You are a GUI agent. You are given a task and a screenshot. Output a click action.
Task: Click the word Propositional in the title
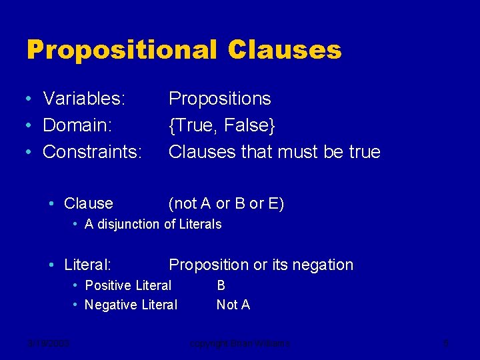pyautogui.click(x=122, y=50)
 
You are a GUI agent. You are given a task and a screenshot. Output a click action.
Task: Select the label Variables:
pyautogui.click(x=84, y=99)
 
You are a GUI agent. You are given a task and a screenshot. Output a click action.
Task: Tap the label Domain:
pyautogui.click(x=77, y=125)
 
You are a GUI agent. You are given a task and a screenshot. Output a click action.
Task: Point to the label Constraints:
pyautogui.click(x=92, y=152)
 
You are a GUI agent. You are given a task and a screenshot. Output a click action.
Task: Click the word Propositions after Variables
pyautogui.click(x=219, y=99)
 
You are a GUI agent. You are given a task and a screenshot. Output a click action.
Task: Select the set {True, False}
pyautogui.click(x=222, y=125)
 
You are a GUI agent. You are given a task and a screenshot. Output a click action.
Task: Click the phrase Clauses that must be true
pyautogui.click(x=274, y=152)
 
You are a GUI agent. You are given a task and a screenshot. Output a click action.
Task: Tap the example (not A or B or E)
pyautogui.click(x=226, y=203)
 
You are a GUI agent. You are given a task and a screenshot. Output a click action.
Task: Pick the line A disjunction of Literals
pyautogui.click(x=153, y=225)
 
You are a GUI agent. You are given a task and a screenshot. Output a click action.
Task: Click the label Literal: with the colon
pyautogui.click(x=87, y=265)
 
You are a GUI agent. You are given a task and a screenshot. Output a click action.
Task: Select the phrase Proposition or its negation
pyautogui.click(x=261, y=265)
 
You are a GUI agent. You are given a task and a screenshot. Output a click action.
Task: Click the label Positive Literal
pyautogui.click(x=128, y=285)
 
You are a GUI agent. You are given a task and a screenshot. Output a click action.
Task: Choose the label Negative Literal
pyautogui.click(x=131, y=305)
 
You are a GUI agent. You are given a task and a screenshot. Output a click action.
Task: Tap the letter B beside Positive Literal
pyautogui.click(x=221, y=285)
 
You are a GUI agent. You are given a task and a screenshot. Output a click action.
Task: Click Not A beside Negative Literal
pyautogui.click(x=233, y=305)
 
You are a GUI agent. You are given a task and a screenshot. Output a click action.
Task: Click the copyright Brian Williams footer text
pyautogui.click(x=239, y=343)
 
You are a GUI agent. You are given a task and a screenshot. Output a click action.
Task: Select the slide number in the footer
pyautogui.click(x=446, y=343)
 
